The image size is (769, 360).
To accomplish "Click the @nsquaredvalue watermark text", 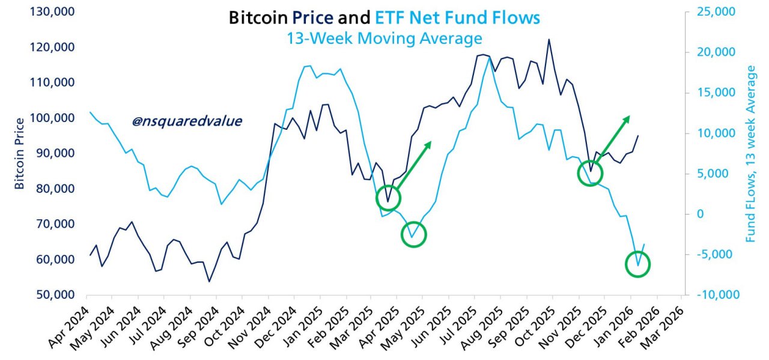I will point(186,121).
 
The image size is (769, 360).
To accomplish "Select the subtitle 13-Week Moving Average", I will point(383,38).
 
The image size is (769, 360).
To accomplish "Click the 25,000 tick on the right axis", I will point(718,12).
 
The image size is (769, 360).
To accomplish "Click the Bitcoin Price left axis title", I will point(19,154).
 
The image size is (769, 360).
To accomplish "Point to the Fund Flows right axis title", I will point(750,154).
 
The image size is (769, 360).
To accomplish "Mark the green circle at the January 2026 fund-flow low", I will point(638,264).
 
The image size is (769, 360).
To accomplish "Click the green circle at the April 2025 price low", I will point(388,198).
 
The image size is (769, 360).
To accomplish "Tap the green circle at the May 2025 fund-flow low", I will point(413,234).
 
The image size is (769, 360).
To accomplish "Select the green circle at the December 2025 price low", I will point(590,174).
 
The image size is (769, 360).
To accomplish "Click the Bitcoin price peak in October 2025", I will point(549,40).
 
